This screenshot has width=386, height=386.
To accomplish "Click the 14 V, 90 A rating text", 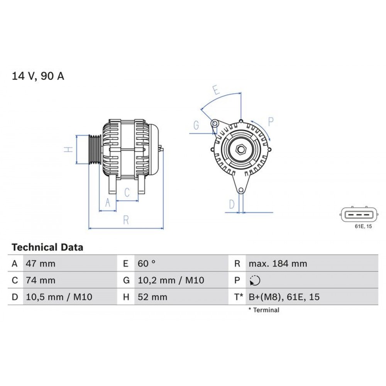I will pos(38,76).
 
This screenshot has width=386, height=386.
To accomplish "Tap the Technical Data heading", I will pos(47,247).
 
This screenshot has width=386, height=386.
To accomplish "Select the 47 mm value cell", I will pos(41,264).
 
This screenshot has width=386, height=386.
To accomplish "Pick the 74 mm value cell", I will pos(41,281).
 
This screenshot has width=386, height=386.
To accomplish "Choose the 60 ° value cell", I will pos(147,264).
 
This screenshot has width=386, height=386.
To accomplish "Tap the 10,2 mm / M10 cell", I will pos(171,281).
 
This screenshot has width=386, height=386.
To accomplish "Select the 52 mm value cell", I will pos(152,297).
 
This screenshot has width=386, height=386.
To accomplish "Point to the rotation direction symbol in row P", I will pos(255,281).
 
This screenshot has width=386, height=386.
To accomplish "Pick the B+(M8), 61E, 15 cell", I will pos(284,297).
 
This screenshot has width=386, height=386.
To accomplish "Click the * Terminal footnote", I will pos(264,310).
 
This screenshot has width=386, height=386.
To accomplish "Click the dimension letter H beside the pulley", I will pos(68,149).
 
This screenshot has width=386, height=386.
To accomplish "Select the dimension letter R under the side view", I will pos(126,220).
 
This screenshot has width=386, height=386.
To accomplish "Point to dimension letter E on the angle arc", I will pos(216,91).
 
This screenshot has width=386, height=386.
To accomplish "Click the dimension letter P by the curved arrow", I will pos(271,122).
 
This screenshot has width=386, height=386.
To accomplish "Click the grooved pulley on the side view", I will pos(95,150).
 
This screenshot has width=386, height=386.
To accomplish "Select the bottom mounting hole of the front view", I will pos(241,190).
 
